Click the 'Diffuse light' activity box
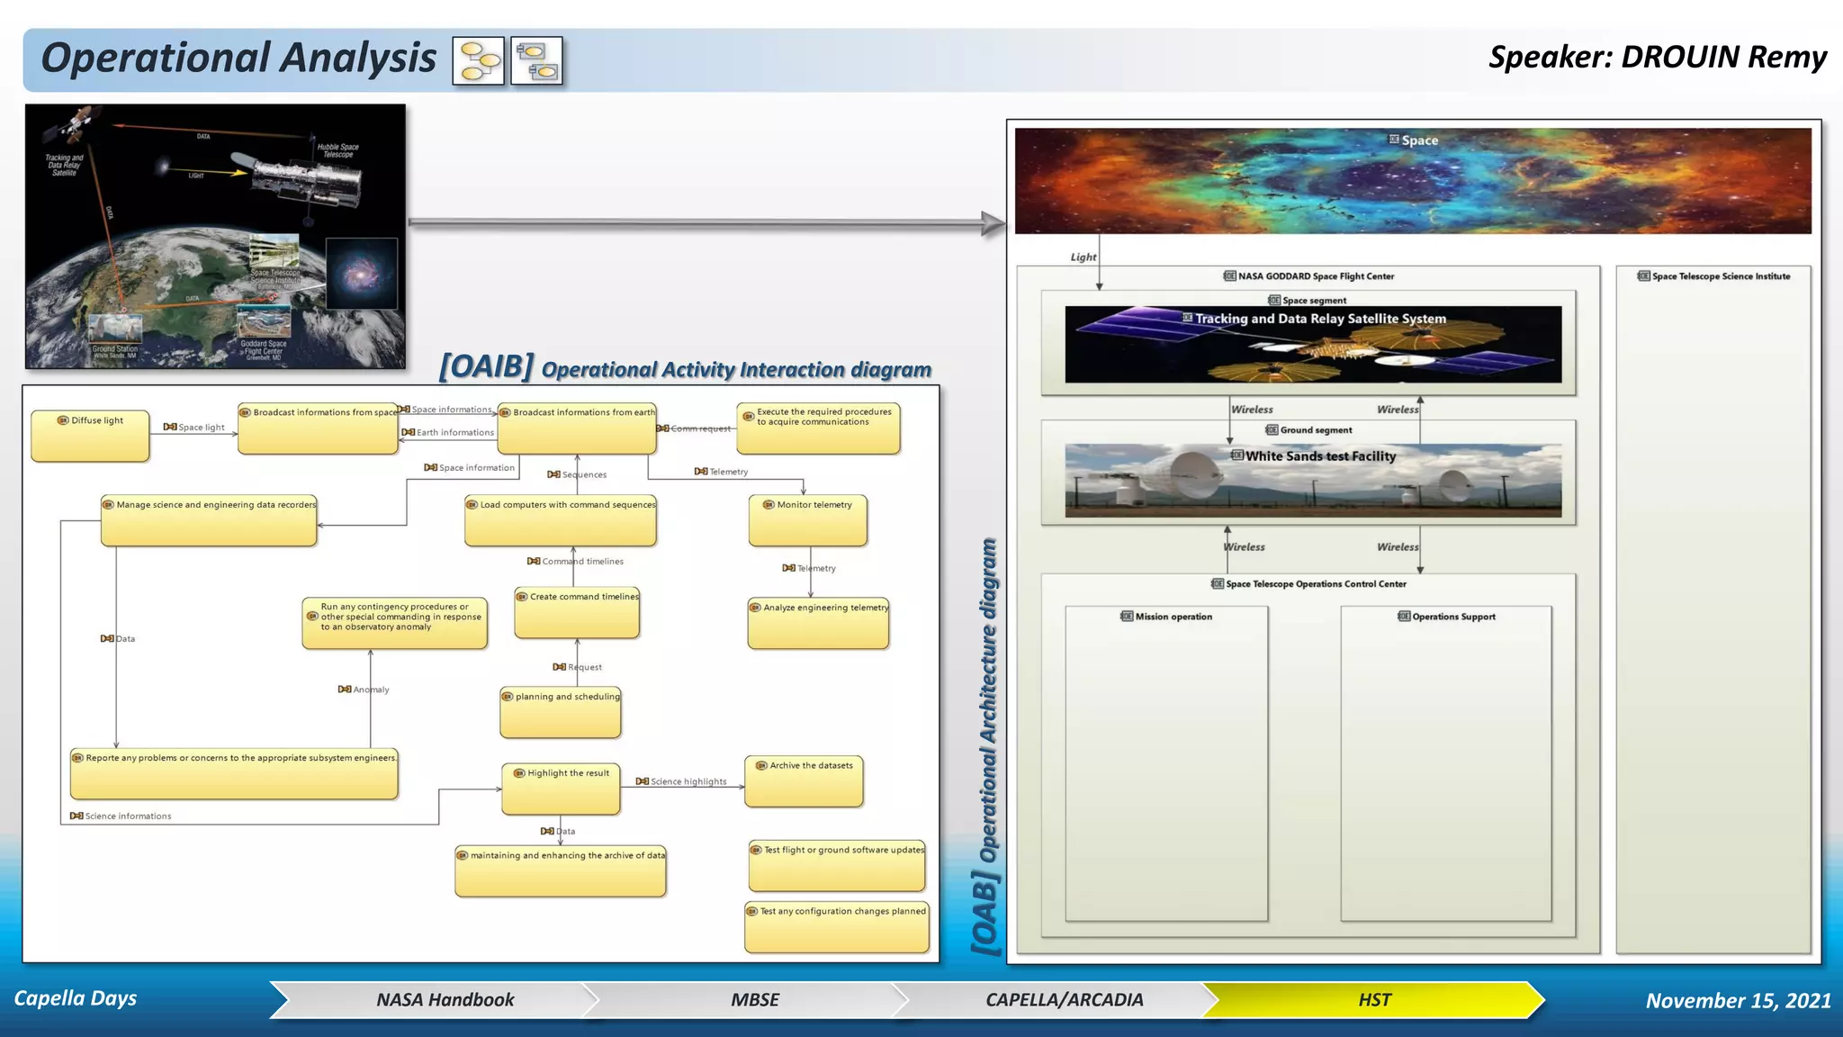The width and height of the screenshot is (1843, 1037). pyautogui.click(x=90, y=437)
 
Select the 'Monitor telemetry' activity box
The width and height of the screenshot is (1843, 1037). pyautogui.click(x=808, y=520)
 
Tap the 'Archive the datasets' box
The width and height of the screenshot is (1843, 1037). pyautogui.click(x=804, y=781)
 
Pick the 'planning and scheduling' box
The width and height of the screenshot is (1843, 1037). pyautogui.click(x=561, y=713)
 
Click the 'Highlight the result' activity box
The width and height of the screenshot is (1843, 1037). pyautogui.click(x=561, y=789)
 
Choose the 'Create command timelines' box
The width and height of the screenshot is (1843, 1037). pyautogui.click(x=577, y=613)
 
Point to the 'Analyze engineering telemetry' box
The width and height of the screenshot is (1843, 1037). pyautogui.click(x=818, y=624)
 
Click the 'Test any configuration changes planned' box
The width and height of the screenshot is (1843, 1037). pyautogui.click(x=837, y=928)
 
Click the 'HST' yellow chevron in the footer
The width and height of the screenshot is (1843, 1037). pyautogui.click(x=1374, y=1000)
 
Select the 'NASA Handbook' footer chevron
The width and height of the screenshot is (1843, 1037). pyautogui.click(x=445, y=1000)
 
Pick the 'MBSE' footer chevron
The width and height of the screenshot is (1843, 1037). pyautogui.click(x=754, y=1000)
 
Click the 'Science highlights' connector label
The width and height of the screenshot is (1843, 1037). pyautogui.click(x=688, y=781)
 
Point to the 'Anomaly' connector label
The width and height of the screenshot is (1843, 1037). pyautogui.click(x=371, y=690)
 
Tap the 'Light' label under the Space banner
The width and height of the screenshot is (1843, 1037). pyautogui.click(x=1083, y=257)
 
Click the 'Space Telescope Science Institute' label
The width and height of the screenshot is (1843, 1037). pyautogui.click(x=1720, y=276)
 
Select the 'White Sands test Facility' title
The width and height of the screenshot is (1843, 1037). pyautogui.click(x=1319, y=456)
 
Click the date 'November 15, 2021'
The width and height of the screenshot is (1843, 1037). pyautogui.click(x=1738, y=1001)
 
